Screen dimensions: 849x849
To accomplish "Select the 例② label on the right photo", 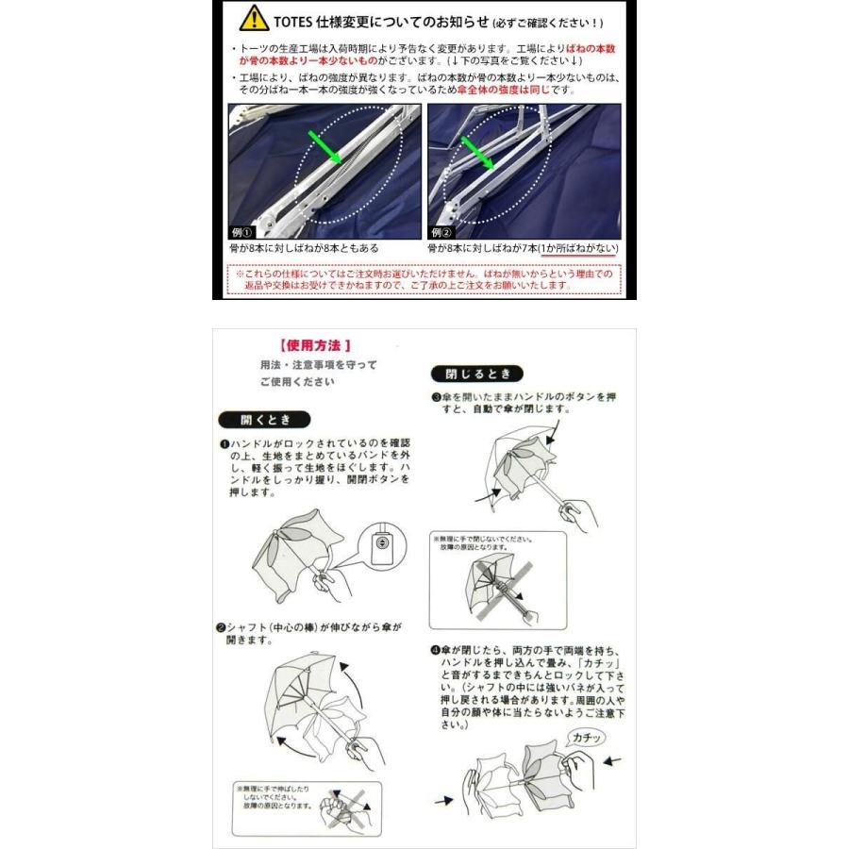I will (x=442, y=231).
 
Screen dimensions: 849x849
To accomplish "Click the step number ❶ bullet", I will (x=225, y=442).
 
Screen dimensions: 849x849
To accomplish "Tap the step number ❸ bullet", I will (x=437, y=397).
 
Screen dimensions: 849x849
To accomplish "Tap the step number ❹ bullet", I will (x=437, y=651).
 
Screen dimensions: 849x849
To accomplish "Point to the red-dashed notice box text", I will (x=424, y=278).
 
